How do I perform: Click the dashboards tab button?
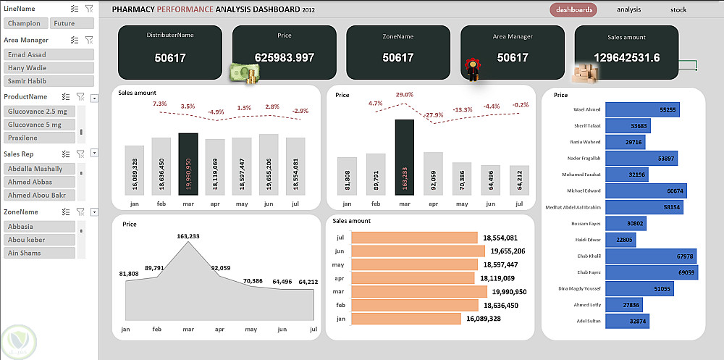[x=573, y=9]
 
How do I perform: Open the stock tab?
[x=678, y=9]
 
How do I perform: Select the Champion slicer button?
[x=25, y=23]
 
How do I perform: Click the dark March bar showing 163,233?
[x=405, y=156]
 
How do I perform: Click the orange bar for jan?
[x=405, y=319]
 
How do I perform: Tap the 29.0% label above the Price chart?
[x=405, y=95]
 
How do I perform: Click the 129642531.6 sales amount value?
[x=626, y=58]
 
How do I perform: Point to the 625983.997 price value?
[x=285, y=58]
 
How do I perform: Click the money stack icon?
[x=244, y=73]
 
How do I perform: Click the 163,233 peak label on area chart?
[x=188, y=236]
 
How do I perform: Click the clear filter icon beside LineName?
[x=89, y=9]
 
